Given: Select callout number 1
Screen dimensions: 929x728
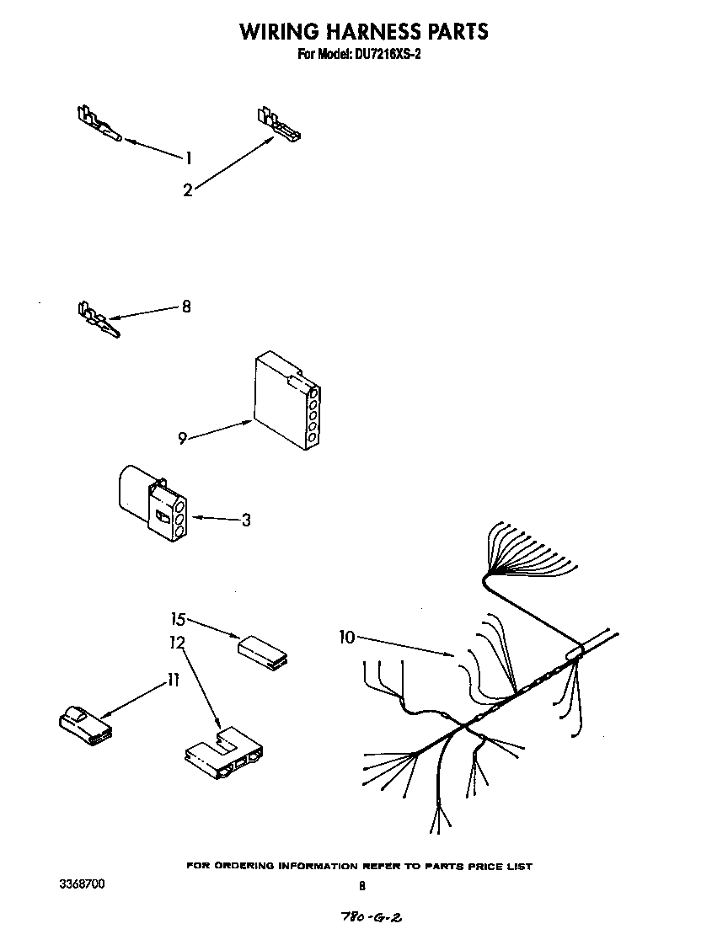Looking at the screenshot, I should pos(189,158).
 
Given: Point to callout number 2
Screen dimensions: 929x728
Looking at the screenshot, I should pos(187,190).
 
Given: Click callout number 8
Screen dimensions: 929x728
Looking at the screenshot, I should pos(186,307).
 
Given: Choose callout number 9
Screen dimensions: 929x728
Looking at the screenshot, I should pos(182,438).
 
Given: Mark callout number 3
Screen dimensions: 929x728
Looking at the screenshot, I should pos(245,521).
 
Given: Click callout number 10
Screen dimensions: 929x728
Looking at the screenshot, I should pos(347,638).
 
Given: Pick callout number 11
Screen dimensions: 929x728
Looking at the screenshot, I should pos(173,681).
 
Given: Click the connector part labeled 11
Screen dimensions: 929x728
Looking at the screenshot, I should pos(84,725).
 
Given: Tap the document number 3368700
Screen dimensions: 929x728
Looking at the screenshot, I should pos(83,884).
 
